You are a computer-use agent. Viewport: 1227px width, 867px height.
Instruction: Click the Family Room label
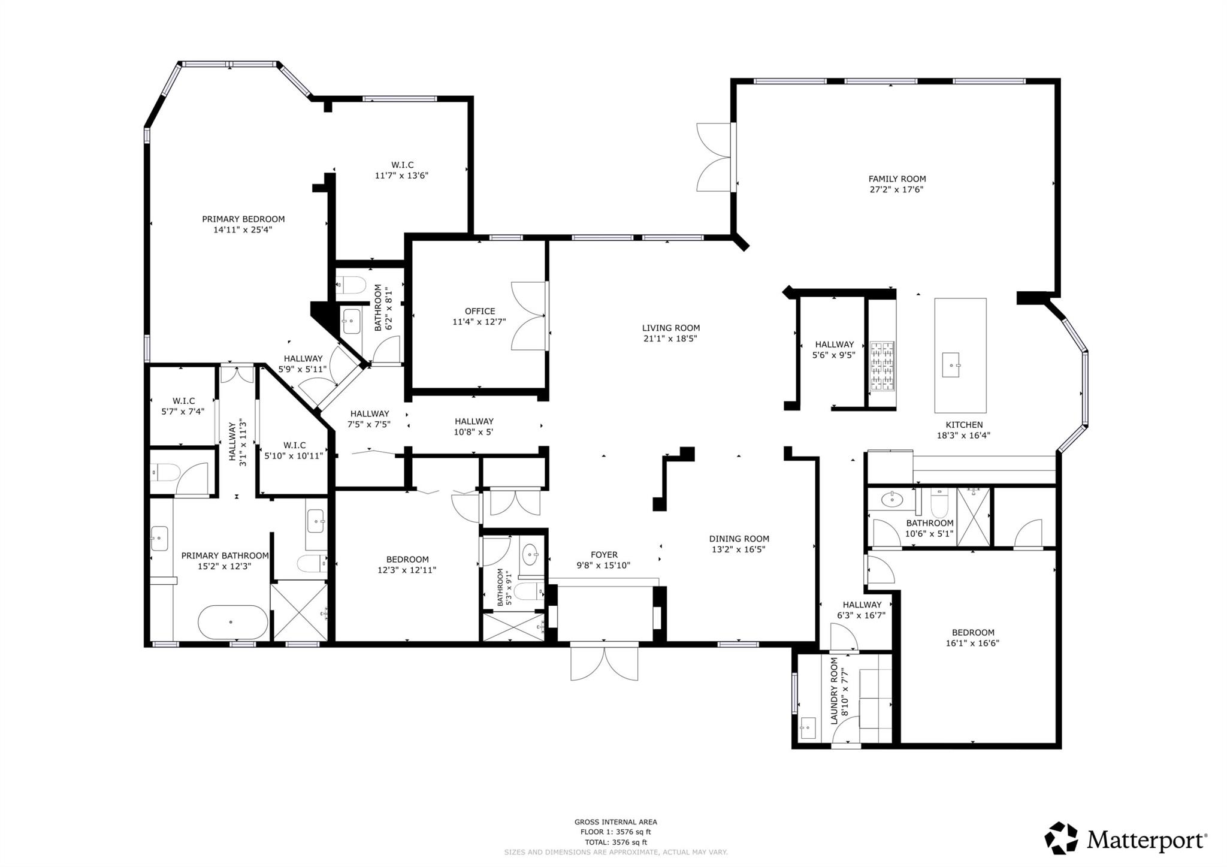[897, 179]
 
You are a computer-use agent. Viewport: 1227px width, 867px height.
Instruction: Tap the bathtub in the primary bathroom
[233, 622]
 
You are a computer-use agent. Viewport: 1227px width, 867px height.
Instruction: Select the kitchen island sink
[951, 365]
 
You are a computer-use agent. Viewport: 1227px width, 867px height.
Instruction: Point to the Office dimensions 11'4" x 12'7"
[479, 322]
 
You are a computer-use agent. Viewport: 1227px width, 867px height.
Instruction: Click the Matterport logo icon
[1061, 838]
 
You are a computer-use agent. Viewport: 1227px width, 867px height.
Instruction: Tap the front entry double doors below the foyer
[604, 663]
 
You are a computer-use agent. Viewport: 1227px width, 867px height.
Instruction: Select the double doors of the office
[530, 316]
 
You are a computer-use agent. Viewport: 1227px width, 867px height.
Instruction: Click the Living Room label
[670, 328]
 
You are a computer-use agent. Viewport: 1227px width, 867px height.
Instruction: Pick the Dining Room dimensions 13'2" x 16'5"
[739, 549]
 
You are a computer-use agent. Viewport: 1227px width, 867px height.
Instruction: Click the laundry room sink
[807, 728]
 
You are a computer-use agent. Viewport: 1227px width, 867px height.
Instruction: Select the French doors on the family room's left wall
[715, 157]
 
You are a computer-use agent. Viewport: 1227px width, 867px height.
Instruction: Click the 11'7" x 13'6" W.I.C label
[402, 170]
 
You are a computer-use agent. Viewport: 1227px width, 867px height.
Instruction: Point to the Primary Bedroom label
[243, 219]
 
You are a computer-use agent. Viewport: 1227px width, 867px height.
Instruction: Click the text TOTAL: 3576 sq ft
[615, 842]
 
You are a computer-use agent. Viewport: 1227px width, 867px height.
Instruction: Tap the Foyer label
[603, 555]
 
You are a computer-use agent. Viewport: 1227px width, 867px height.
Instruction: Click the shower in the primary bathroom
[299, 611]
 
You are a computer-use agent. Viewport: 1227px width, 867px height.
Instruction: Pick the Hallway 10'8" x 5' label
[473, 421]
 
